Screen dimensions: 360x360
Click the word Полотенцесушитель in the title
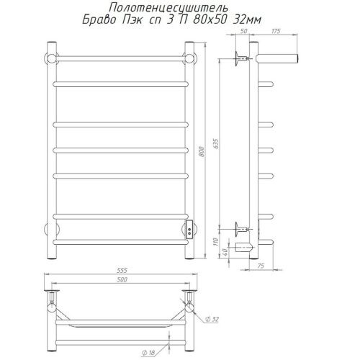click(x=168, y=8)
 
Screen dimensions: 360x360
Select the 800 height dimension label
click(x=202, y=152)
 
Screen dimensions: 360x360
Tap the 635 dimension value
click(x=216, y=143)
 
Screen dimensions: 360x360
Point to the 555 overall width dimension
click(x=122, y=270)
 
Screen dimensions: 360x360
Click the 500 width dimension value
click(x=122, y=279)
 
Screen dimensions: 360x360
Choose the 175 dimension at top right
click(x=276, y=31)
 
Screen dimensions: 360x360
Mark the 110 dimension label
click(x=216, y=241)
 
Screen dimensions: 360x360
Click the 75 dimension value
click(x=261, y=266)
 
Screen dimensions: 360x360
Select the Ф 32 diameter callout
click(x=212, y=319)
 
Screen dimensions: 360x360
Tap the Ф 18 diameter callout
click(x=148, y=353)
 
